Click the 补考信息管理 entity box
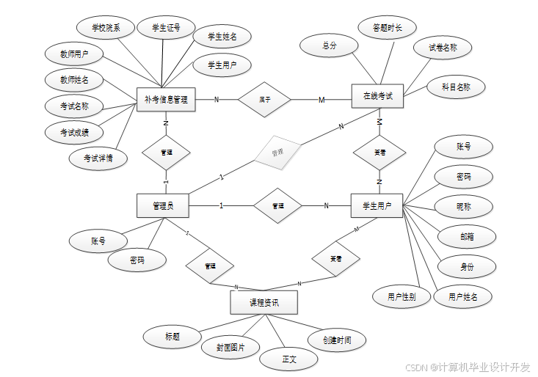coord(166,100)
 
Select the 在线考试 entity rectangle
coord(378,96)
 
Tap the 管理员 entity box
coord(162,205)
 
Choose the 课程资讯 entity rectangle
coord(263,302)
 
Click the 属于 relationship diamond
coord(265,100)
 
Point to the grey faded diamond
coord(277,153)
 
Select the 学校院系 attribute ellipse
coord(106,29)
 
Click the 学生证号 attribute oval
coord(166,29)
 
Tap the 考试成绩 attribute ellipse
coord(75,132)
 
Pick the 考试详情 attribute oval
coord(98,158)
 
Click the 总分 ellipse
coord(329,45)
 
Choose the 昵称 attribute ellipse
coord(464,207)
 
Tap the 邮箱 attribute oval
coord(467,236)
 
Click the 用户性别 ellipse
coord(401,297)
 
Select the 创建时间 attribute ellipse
coord(336,340)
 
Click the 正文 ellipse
coord(289,359)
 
